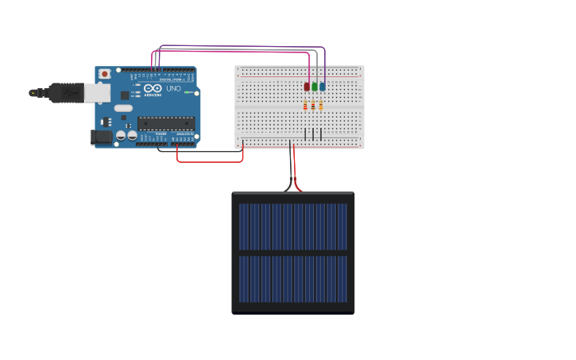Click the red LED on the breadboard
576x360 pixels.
(307, 87)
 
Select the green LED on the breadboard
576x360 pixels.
(315, 87)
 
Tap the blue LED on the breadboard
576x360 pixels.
(322, 87)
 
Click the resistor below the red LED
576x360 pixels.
(305, 106)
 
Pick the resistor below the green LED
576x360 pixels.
(313, 106)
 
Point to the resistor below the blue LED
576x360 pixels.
(321, 106)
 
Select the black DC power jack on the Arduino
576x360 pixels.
(102, 137)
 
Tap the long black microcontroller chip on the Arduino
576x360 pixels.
(166, 123)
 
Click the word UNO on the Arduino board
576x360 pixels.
(174, 88)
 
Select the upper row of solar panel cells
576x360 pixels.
(293, 226)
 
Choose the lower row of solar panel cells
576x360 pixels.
(293, 279)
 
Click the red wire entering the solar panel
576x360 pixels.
(296, 179)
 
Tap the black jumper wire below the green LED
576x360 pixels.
(314, 134)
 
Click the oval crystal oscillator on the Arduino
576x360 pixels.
(123, 108)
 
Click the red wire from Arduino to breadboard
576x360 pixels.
(210, 161)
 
